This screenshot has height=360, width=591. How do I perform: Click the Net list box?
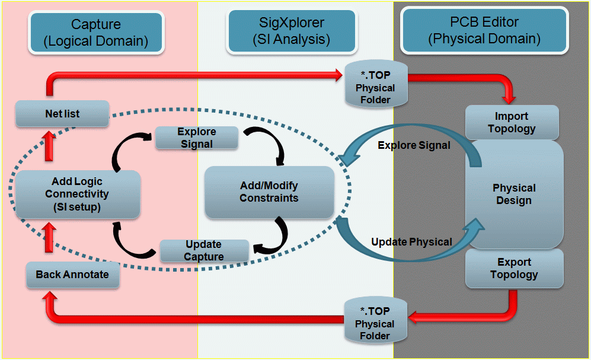(x=62, y=113)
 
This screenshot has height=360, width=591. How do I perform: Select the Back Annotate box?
(x=72, y=275)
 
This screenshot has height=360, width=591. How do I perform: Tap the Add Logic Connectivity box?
(x=78, y=194)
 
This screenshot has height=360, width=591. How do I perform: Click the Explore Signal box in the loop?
(x=197, y=138)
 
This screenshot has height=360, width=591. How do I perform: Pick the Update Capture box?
(x=204, y=250)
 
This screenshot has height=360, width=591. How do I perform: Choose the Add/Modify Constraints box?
(x=269, y=192)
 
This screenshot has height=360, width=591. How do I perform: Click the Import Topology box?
(x=512, y=122)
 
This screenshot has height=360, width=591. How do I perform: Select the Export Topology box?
(x=514, y=268)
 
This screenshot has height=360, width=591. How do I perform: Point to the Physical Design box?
(x=514, y=194)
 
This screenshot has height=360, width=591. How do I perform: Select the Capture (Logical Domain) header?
(x=96, y=33)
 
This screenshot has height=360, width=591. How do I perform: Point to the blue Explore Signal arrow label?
(x=414, y=145)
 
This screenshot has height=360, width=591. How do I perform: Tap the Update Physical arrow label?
(x=411, y=241)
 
